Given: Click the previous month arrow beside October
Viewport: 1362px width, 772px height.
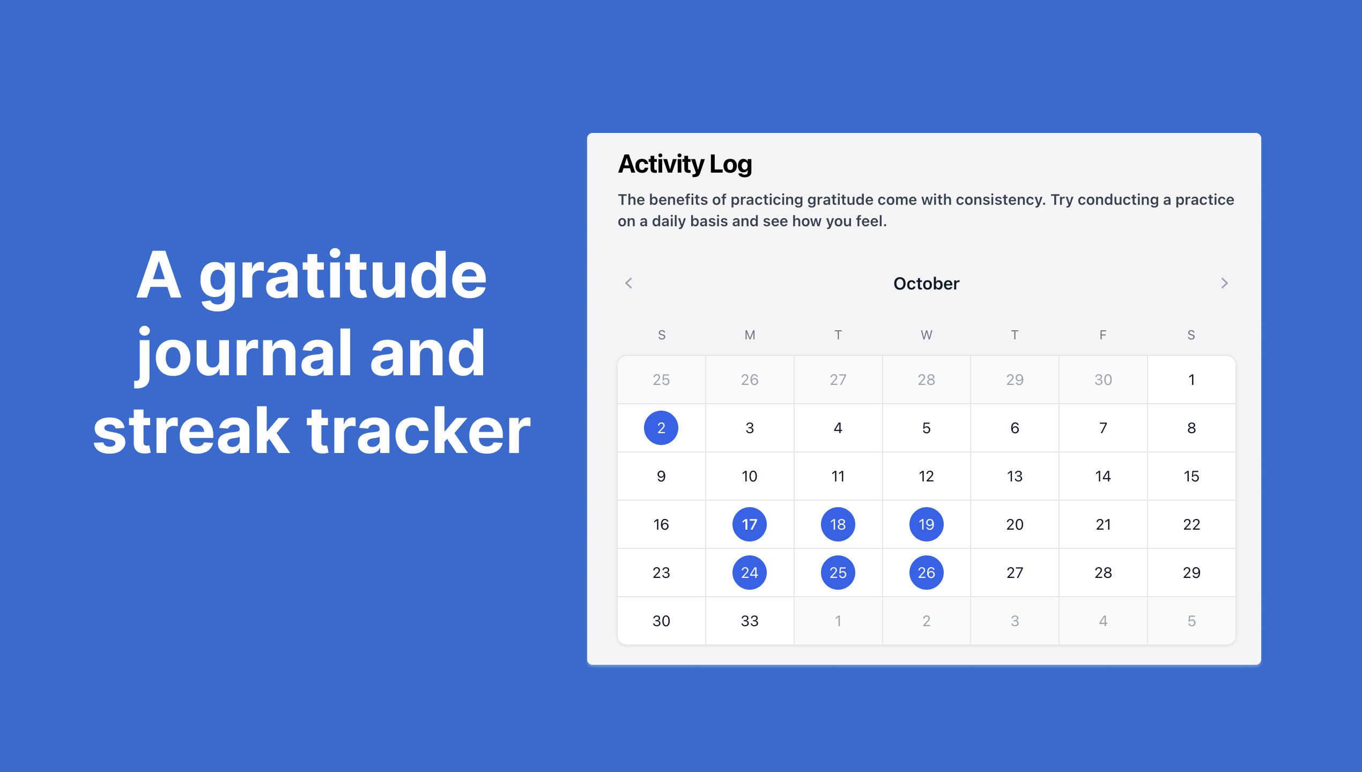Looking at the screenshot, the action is (629, 283).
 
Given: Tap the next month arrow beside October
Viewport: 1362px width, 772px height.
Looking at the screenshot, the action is (1224, 283).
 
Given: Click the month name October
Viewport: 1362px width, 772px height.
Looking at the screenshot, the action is (926, 284).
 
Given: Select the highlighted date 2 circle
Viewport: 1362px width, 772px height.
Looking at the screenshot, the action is (661, 428).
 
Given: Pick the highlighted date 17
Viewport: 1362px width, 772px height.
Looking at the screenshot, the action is (750, 524).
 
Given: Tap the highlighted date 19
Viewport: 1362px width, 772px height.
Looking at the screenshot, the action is (927, 524).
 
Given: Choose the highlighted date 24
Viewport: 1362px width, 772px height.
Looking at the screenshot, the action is (750, 573).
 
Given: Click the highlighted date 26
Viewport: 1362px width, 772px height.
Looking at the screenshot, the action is (927, 573).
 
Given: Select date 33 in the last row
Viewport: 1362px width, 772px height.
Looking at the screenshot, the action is (750, 621).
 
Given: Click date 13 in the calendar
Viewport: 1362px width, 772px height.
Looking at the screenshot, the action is (1015, 476).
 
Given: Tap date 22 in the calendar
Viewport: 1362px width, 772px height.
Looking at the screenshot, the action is (1191, 524).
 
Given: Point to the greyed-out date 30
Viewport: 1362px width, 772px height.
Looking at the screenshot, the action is (1103, 380).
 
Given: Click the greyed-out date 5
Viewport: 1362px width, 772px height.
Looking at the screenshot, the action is (1191, 621).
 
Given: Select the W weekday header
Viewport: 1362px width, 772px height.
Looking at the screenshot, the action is (927, 335).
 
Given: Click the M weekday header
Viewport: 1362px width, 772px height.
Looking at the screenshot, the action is (750, 335).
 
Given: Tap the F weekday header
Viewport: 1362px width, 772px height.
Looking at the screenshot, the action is (1103, 335).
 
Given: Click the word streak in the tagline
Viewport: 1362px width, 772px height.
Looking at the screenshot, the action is (191, 431).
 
